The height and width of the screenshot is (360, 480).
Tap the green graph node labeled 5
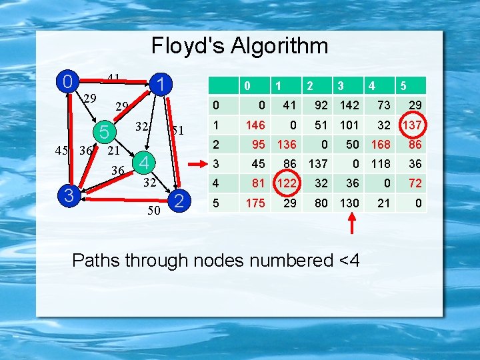[104, 132]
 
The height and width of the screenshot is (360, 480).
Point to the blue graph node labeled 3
[67, 195]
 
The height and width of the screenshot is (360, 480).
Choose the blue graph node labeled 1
[161, 84]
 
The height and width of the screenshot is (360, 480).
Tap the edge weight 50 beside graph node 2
[154, 212]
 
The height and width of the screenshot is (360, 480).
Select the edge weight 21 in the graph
[114, 151]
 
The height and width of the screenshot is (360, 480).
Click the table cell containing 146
[255, 124]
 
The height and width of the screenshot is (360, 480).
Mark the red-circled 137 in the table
[411, 124]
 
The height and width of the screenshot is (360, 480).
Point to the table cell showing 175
[255, 203]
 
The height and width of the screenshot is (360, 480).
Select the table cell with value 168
[382, 144]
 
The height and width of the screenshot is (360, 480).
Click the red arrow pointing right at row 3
[199, 163]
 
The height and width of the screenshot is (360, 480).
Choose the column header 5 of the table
[403, 85]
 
